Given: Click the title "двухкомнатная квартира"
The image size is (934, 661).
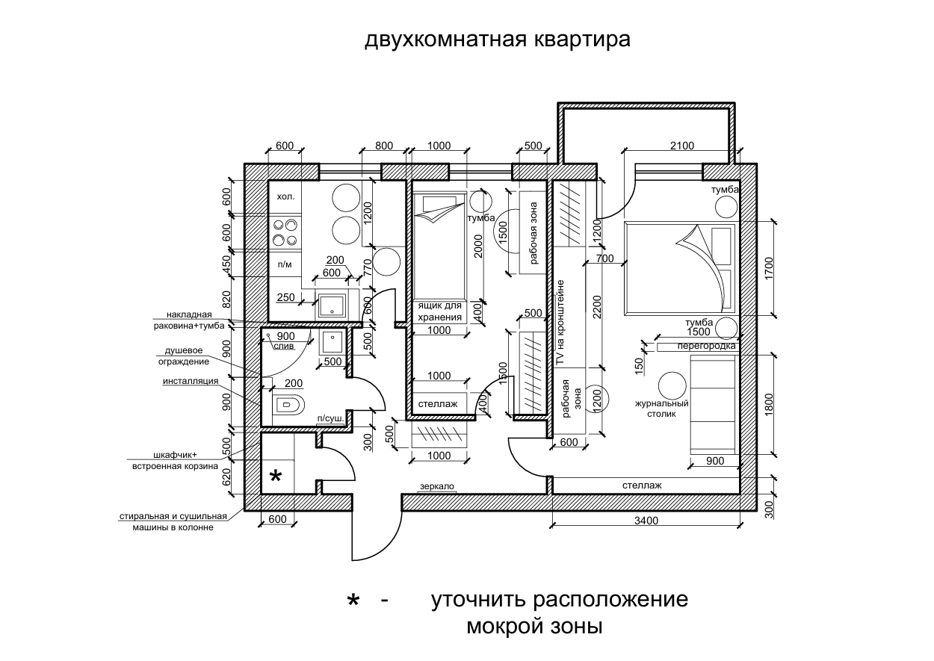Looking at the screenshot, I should click(x=497, y=39).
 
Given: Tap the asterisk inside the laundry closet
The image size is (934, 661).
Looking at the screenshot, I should click(x=275, y=477).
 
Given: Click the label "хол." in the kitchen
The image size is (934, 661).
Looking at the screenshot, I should click(x=285, y=196).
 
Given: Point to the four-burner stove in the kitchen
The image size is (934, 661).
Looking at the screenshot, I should click(x=285, y=232).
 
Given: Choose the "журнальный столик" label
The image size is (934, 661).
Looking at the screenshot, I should click(x=661, y=408).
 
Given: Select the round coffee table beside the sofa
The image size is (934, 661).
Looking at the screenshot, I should click(x=671, y=386).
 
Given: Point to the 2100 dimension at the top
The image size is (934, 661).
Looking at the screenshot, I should click(x=681, y=146).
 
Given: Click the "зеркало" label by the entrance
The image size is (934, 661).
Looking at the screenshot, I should click(x=437, y=486).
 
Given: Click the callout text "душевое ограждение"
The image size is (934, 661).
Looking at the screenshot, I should click(x=188, y=356).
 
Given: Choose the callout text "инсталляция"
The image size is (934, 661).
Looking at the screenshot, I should click(x=191, y=381).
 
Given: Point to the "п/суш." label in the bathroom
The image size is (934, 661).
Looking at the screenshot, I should click(x=330, y=419).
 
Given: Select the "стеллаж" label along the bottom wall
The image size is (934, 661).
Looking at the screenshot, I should click(x=642, y=485).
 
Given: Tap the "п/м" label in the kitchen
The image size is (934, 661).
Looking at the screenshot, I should click(x=285, y=264).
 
